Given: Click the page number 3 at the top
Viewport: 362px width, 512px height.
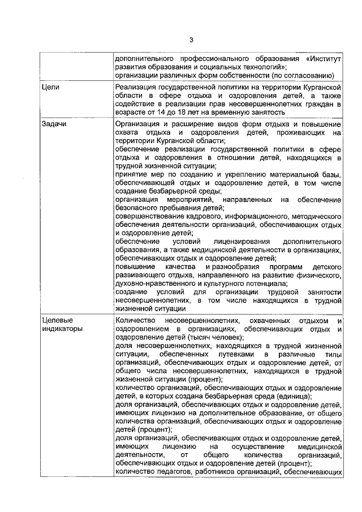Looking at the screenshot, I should click(191, 40).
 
